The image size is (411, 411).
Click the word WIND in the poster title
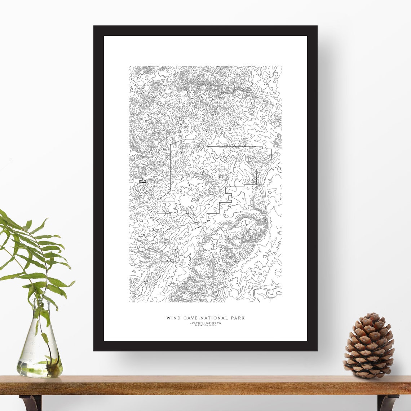coord(173,318)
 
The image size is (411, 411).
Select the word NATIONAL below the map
coord(213,318)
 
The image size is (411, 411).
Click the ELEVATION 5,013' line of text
coord(205,326)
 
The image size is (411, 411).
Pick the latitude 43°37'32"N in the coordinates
coord(197,323)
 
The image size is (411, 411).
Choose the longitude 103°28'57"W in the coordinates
coord(214,323)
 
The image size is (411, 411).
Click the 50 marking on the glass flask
coord(30,360)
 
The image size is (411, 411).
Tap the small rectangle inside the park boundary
coord(221,177)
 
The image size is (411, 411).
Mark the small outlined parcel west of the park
coord(142,181)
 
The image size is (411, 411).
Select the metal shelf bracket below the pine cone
coord(388,402)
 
